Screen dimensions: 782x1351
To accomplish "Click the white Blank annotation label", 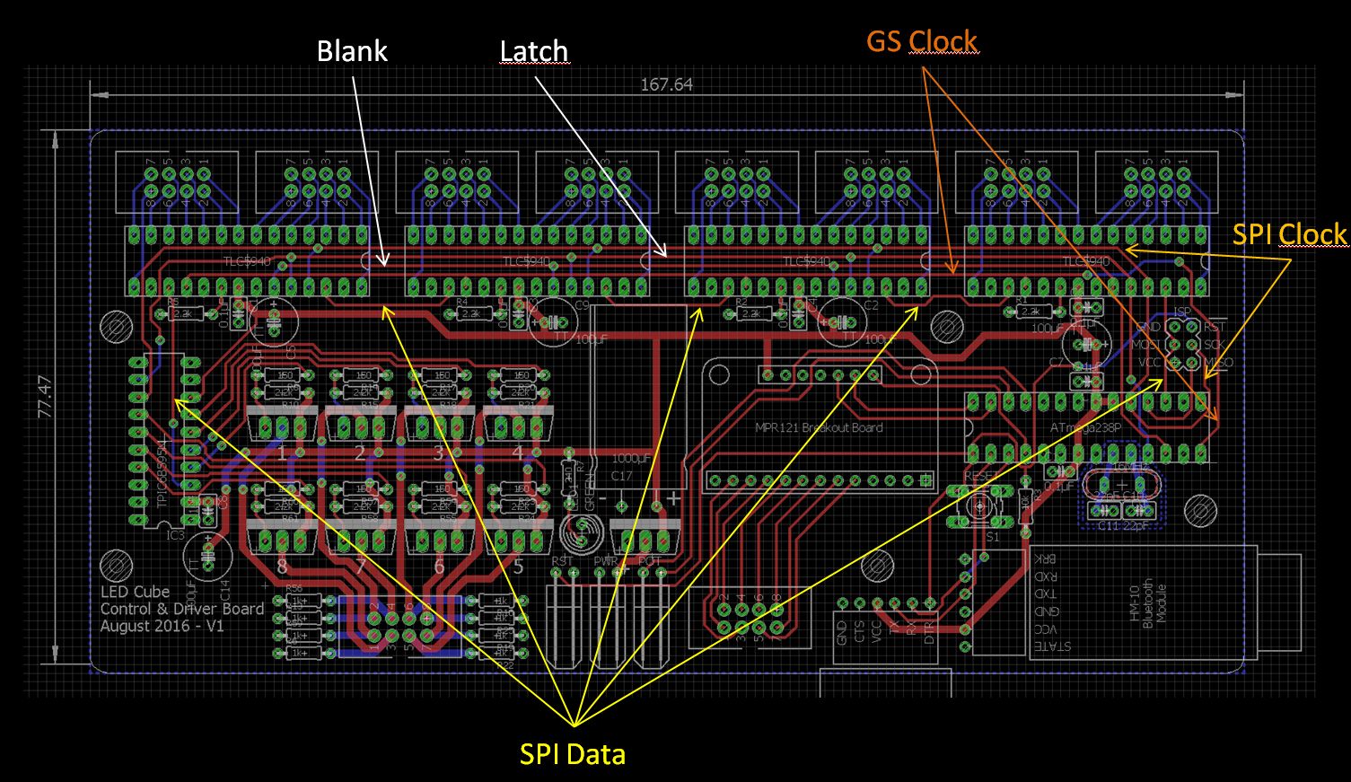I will [x=352, y=51].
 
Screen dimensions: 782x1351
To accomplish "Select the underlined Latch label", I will [x=534, y=52].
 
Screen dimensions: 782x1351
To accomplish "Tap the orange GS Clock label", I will [x=921, y=41].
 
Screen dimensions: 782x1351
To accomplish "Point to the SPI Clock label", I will [x=1289, y=234].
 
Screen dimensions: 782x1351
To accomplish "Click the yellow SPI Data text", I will [x=572, y=754].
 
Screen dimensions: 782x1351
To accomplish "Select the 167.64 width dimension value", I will [x=666, y=85].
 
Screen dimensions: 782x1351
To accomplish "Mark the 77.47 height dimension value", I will [x=44, y=396].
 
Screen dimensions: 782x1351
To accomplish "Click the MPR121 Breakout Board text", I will [x=819, y=427].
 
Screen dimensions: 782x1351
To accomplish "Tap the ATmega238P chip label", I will [x=1085, y=428].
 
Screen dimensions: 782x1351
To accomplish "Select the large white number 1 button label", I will [x=282, y=453].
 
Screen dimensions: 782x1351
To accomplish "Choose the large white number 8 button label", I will [x=282, y=567].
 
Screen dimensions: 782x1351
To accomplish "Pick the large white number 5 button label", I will [x=518, y=567].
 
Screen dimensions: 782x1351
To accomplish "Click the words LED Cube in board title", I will [x=135, y=593].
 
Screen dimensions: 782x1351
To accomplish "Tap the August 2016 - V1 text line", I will [x=162, y=626].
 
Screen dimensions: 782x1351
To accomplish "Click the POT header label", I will [x=648, y=561].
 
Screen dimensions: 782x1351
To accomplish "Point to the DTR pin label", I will [x=929, y=632].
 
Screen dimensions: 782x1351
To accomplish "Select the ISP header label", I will [x=1182, y=312].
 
